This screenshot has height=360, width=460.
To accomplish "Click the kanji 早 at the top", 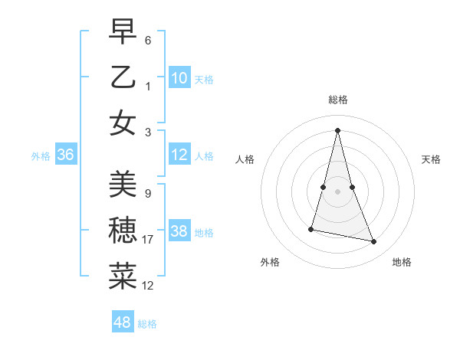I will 123,33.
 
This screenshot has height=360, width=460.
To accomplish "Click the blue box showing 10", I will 179,77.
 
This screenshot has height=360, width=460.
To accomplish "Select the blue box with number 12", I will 179,155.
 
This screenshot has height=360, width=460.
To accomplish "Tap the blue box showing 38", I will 179,232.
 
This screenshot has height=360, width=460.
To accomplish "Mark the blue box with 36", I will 65,155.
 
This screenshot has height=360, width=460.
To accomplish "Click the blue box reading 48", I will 123,322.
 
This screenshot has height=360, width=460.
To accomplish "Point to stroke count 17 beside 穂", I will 148,241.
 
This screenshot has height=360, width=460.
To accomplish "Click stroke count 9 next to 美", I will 147,194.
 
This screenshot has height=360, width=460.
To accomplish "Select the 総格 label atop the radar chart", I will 337,100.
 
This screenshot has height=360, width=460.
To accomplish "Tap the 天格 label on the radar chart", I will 431,159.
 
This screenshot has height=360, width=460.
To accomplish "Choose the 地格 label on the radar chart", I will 402,262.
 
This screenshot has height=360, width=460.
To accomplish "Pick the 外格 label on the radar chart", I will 270,262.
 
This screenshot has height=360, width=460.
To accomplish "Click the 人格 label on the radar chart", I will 245,159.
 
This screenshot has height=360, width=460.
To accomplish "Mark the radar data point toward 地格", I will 374,242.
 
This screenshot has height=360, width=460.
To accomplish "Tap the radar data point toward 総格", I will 337,129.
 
